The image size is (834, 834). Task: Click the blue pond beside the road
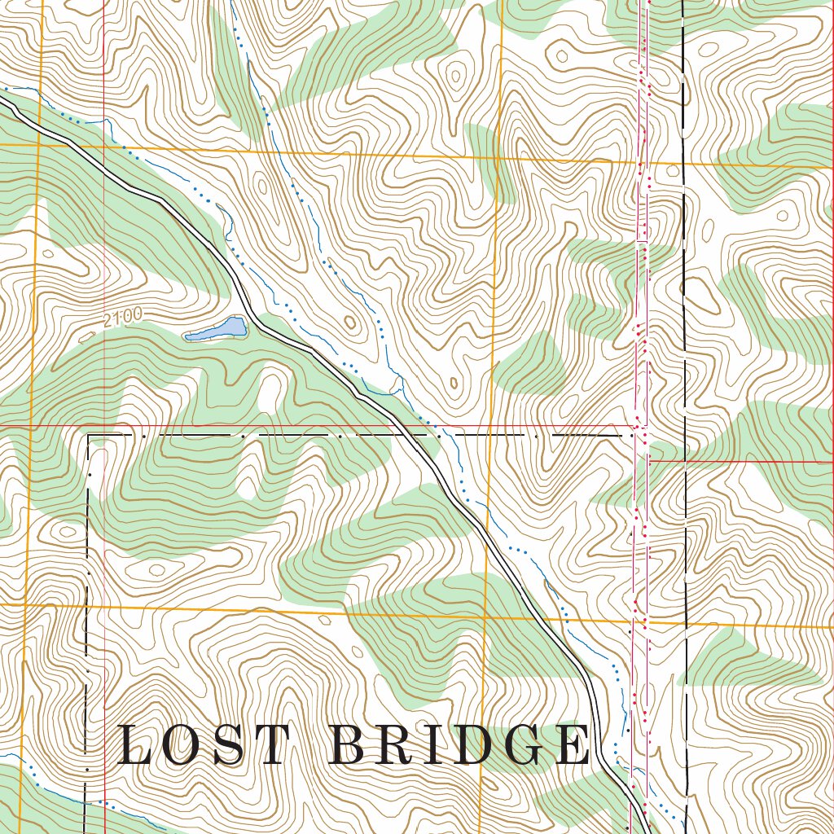[217, 330]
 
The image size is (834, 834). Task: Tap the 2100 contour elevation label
[124, 318]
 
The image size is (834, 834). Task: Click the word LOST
[204, 745]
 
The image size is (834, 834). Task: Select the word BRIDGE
[462, 745]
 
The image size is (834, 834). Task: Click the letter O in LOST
[184, 745]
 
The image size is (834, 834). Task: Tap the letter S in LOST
[230, 745]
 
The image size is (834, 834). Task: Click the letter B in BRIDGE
[352, 745]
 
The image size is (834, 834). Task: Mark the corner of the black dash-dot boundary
[88, 436]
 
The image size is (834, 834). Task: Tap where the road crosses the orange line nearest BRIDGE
[551, 617]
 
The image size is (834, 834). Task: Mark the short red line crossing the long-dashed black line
[685, 461]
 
